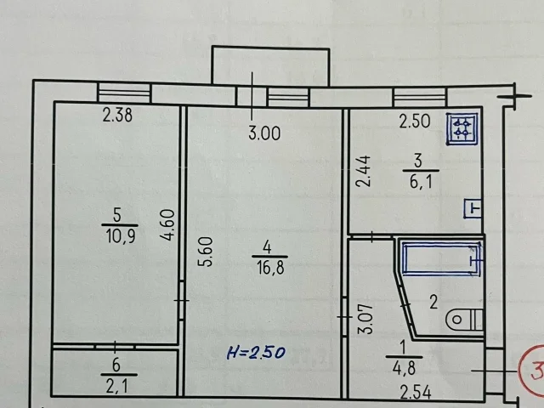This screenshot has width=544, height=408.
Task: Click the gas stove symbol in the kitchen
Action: coord(462,128)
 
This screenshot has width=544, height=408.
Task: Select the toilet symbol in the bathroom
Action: coord(464,320)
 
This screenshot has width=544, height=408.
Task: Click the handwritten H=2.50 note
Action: coord(256,353)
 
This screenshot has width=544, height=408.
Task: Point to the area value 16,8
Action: coord(270,268)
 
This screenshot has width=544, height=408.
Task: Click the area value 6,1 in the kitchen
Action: coord(421,181)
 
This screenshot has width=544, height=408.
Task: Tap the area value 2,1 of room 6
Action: coord(116,386)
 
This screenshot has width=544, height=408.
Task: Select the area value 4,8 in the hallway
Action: coord(404,368)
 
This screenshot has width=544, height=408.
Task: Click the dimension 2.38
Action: coord(117,115)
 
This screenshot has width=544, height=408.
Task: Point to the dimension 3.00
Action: coord(264,133)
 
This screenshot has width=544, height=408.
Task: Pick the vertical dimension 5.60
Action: coord(207,252)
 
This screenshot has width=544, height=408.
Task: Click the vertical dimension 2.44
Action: coord(364,172)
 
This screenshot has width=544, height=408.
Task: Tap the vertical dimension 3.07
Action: coord(366,319)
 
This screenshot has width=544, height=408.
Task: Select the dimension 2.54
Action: coord(416,393)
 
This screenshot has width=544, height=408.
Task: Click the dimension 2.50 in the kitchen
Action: coord(414,122)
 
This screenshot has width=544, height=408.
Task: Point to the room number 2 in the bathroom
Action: coord(433,302)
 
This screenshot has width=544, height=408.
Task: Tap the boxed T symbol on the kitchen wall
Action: coord(473,209)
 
